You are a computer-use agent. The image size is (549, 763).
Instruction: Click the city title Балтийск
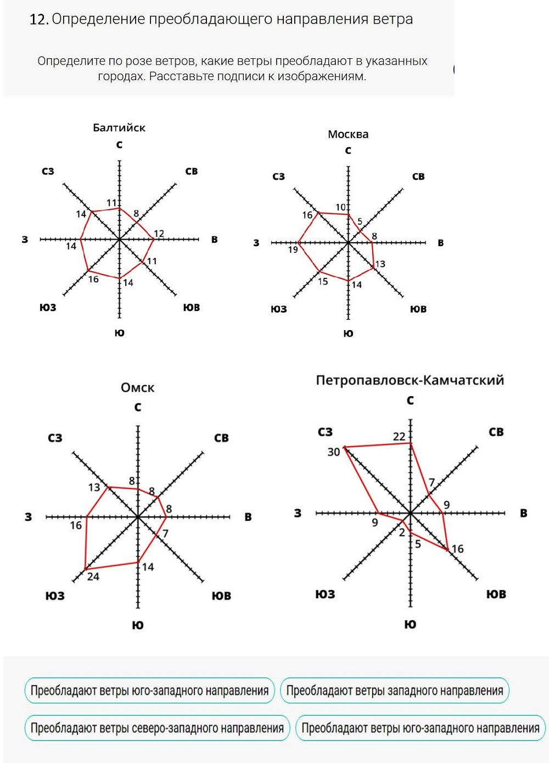point(119,128)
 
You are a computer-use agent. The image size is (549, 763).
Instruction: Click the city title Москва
point(348,134)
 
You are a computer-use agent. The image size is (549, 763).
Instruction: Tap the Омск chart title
point(137,388)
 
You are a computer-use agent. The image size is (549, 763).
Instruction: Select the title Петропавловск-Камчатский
point(410,380)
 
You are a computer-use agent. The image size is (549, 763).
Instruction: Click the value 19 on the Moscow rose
point(293,250)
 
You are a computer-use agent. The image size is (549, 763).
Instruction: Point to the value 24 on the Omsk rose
point(93,577)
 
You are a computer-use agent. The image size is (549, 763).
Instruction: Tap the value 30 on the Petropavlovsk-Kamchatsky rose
point(334,452)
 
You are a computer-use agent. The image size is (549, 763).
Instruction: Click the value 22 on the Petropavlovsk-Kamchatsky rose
point(399,437)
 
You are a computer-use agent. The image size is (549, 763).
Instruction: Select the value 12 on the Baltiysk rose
point(159,233)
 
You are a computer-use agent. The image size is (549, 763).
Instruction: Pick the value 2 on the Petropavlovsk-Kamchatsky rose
point(402,532)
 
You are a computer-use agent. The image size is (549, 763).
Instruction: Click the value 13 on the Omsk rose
point(94,487)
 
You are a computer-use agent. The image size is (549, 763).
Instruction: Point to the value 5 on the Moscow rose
point(360,222)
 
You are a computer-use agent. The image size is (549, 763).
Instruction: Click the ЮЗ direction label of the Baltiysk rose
point(48,308)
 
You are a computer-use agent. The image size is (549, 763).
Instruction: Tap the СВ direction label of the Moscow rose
point(418,176)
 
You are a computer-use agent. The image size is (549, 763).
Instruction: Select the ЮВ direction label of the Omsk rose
point(222,596)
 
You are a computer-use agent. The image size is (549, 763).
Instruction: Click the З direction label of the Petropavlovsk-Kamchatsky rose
point(298,513)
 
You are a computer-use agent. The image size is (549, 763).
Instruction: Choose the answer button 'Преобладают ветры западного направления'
point(395,691)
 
